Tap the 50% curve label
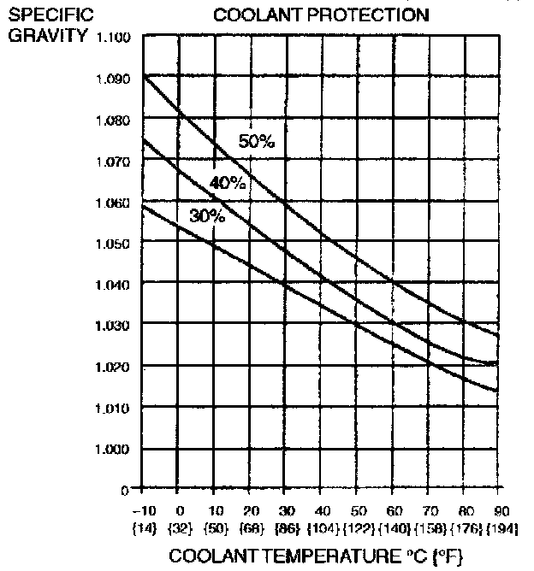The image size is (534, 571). [257, 142]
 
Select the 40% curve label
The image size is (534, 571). [227, 183]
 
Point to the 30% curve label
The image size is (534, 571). [206, 216]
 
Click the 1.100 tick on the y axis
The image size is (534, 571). [114, 38]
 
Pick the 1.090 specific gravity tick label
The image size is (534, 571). [114, 79]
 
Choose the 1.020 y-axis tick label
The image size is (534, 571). [114, 368]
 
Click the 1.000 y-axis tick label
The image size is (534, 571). [114, 450]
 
